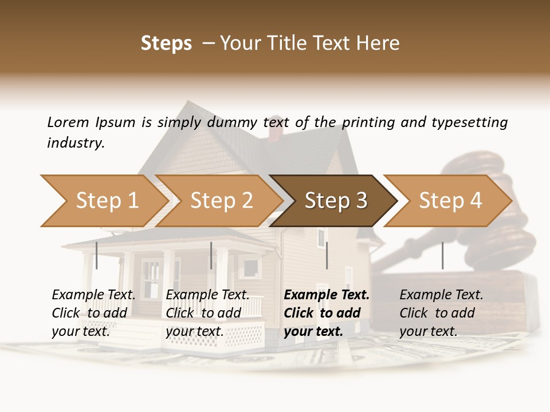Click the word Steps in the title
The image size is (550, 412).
(166, 43)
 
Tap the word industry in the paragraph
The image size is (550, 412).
(76, 143)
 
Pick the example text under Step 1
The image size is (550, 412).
(93, 313)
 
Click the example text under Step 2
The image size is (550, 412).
(207, 313)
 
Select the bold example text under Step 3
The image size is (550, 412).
(327, 313)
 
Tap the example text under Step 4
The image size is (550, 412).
(441, 313)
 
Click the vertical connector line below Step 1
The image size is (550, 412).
(97, 255)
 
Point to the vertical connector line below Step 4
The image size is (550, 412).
(442, 255)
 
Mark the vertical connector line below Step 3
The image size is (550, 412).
(327, 255)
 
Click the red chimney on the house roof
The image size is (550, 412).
(275, 132)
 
